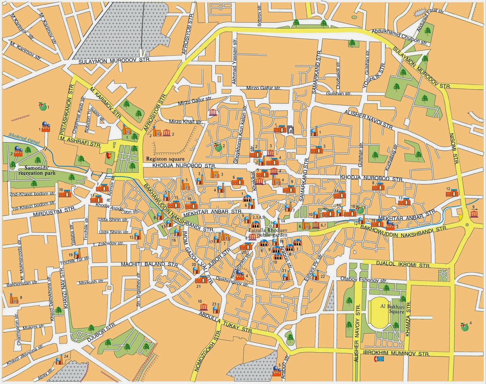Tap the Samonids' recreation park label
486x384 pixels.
37,170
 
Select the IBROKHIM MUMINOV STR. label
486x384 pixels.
396,354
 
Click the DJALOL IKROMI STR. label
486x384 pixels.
403,264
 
